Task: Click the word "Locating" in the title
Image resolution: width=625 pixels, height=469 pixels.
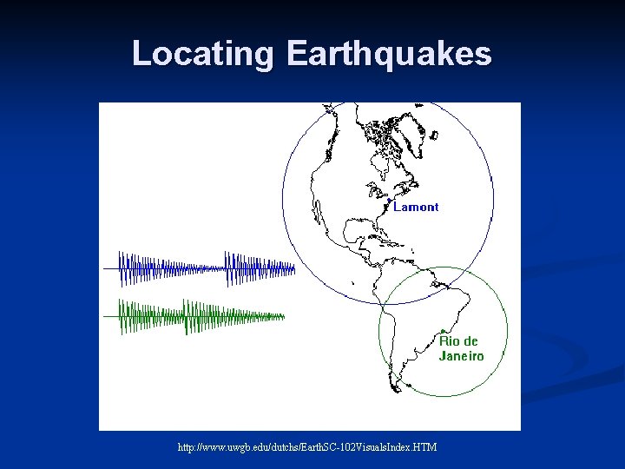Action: click(x=202, y=54)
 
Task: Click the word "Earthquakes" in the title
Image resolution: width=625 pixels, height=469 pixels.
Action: click(x=388, y=54)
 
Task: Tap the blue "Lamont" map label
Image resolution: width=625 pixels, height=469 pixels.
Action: click(x=416, y=207)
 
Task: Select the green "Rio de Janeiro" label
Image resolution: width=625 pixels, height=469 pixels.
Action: click(x=460, y=348)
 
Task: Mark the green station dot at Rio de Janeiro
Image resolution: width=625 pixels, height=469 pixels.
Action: click(x=443, y=331)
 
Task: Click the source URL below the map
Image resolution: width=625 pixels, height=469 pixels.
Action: click(x=307, y=446)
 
